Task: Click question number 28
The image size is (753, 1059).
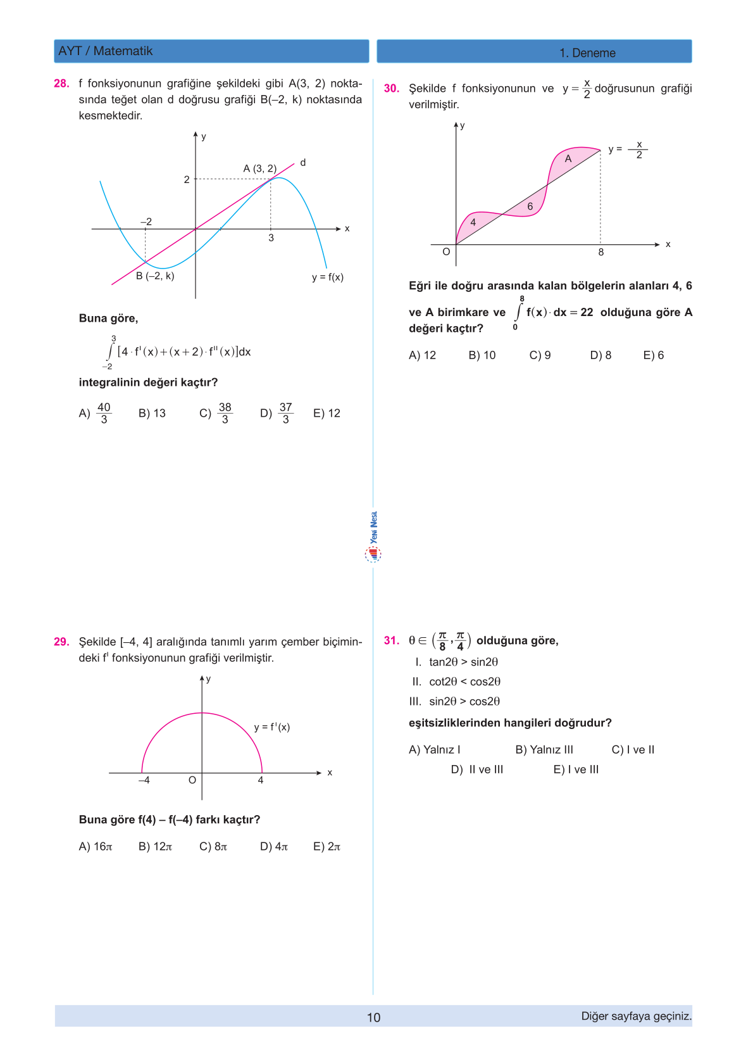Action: pyautogui.click(x=61, y=84)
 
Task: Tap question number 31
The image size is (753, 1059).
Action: pyautogui.click(x=391, y=640)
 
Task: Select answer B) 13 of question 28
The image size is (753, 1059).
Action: pyautogui.click(x=152, y=414)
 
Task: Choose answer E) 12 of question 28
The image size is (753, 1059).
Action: pyautogui.click(x=327, y=414)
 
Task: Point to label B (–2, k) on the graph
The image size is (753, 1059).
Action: pyautogui.click(x=155, y=276)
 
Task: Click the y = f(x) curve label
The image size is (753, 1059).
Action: pyautogui.click(x=327, y=277)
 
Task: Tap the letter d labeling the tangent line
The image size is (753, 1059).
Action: pyautogui.click(x=303, y=163)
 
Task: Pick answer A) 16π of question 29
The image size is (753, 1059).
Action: pyautogui.click(x=96, y=847)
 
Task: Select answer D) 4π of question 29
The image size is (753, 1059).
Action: pyautogui.click(x=274, y=847)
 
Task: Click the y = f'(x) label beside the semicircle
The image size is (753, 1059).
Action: pyautogui.click(x=272, y=727)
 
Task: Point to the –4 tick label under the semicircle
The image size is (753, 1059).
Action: pyautogui.click(x=144, y=780)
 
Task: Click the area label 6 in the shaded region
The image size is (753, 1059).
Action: pyautogui.click(x=530, y=206)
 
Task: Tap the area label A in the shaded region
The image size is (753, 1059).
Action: pyautogui.click(x=568, y=159)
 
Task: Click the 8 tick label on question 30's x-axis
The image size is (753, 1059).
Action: pyautogui.click(x=601, y=252)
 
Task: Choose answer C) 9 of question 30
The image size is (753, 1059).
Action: pyautogui.click(x=540, y=355)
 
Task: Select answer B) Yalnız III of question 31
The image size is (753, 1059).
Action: pyautogui.click(x=544, y=750)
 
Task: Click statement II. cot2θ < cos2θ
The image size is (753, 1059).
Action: pyautogui.click(x=456, y=682)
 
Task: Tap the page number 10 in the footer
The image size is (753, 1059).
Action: pyautogui.click(x=374, y=1017)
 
